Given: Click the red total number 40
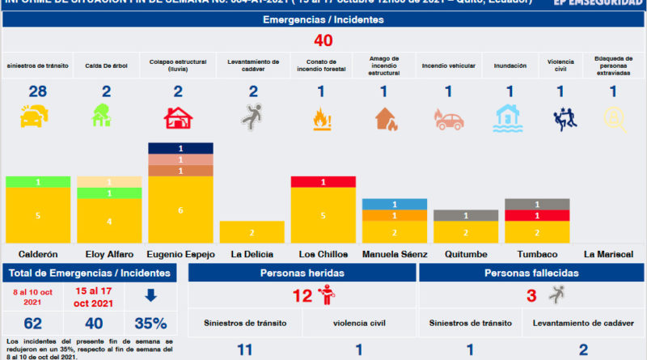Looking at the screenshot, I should pyautogui.click(x=323, y=40).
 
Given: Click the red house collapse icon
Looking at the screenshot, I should pyautogui.click(x=179, y=117).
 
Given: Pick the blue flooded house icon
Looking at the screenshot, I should pyautogui.click(x=510, y=117).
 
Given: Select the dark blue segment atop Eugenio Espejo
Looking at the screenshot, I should pyautogui.click(x=180, y=148).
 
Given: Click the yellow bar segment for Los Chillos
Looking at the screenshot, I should pyautogui.click(x=323, y=215).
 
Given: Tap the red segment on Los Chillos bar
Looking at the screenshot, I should pyautogui.click(x=323, y=182).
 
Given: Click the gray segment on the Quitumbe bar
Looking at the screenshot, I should pyautogui.click(x=465, y=215).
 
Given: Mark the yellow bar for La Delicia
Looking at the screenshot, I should pyautogui.click(x=252, y=231).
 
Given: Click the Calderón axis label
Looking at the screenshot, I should pyautogui.click(x=38, y=253).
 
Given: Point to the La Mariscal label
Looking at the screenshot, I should pyautogui.click(x=607, y=253).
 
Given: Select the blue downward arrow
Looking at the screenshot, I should pyautogui.click(x=150, y=296).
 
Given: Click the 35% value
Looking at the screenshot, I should pyautogui.click(x=150, y=324).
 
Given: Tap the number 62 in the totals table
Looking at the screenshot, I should pyautogui.click(x=33, y=324).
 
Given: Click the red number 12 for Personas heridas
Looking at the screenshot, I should pyautogui.click(x=302, y=296).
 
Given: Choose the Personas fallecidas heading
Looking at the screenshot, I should pyautogui.click(x=532, y=273).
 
